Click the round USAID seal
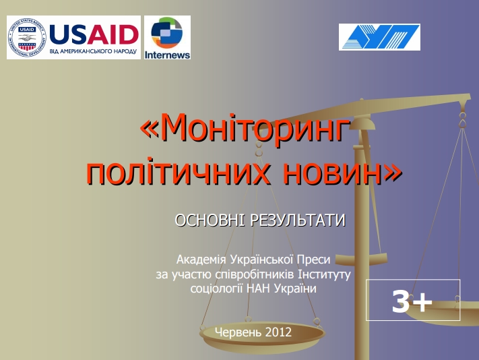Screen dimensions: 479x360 (27, 37)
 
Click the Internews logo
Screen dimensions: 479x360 (167, 37)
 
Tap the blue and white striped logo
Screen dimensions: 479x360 (379, 37)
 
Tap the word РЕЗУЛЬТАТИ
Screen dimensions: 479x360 (298, 220)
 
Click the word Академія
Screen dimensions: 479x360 (201, 260)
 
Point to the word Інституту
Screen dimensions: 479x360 (324, 274)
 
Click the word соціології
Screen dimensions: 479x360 (216, 289)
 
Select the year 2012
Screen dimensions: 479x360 (279, 332)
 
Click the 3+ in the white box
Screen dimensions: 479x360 (412, 301)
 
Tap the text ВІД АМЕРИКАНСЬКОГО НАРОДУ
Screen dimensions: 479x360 (93, 51)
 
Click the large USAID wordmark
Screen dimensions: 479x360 (94, 34)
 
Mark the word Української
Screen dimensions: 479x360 (261, 260)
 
